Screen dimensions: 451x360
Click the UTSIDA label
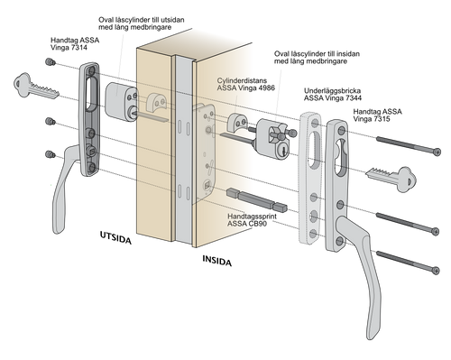coord(115,237)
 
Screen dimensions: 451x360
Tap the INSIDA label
coord(216,261)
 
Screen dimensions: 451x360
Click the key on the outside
coord(35,87)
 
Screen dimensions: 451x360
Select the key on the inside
coord(391,179)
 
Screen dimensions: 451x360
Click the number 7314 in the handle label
coord(79,48)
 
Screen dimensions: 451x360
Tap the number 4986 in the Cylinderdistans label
coord(266,88)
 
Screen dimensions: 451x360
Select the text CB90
coord(258,224)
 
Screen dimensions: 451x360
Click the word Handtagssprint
coord(252,217)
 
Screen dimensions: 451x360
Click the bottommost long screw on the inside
coord(408,263)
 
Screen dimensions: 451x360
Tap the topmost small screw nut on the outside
coord(51,62)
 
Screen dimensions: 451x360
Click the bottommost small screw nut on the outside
coord(51,154)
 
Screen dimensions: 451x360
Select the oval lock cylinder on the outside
coord(121,101)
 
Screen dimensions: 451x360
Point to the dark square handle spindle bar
coord(257,199)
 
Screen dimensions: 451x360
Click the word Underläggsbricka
coord(332,91)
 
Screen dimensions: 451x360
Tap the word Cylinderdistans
coord(242,80)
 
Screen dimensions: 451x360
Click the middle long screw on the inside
coord(408,224)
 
